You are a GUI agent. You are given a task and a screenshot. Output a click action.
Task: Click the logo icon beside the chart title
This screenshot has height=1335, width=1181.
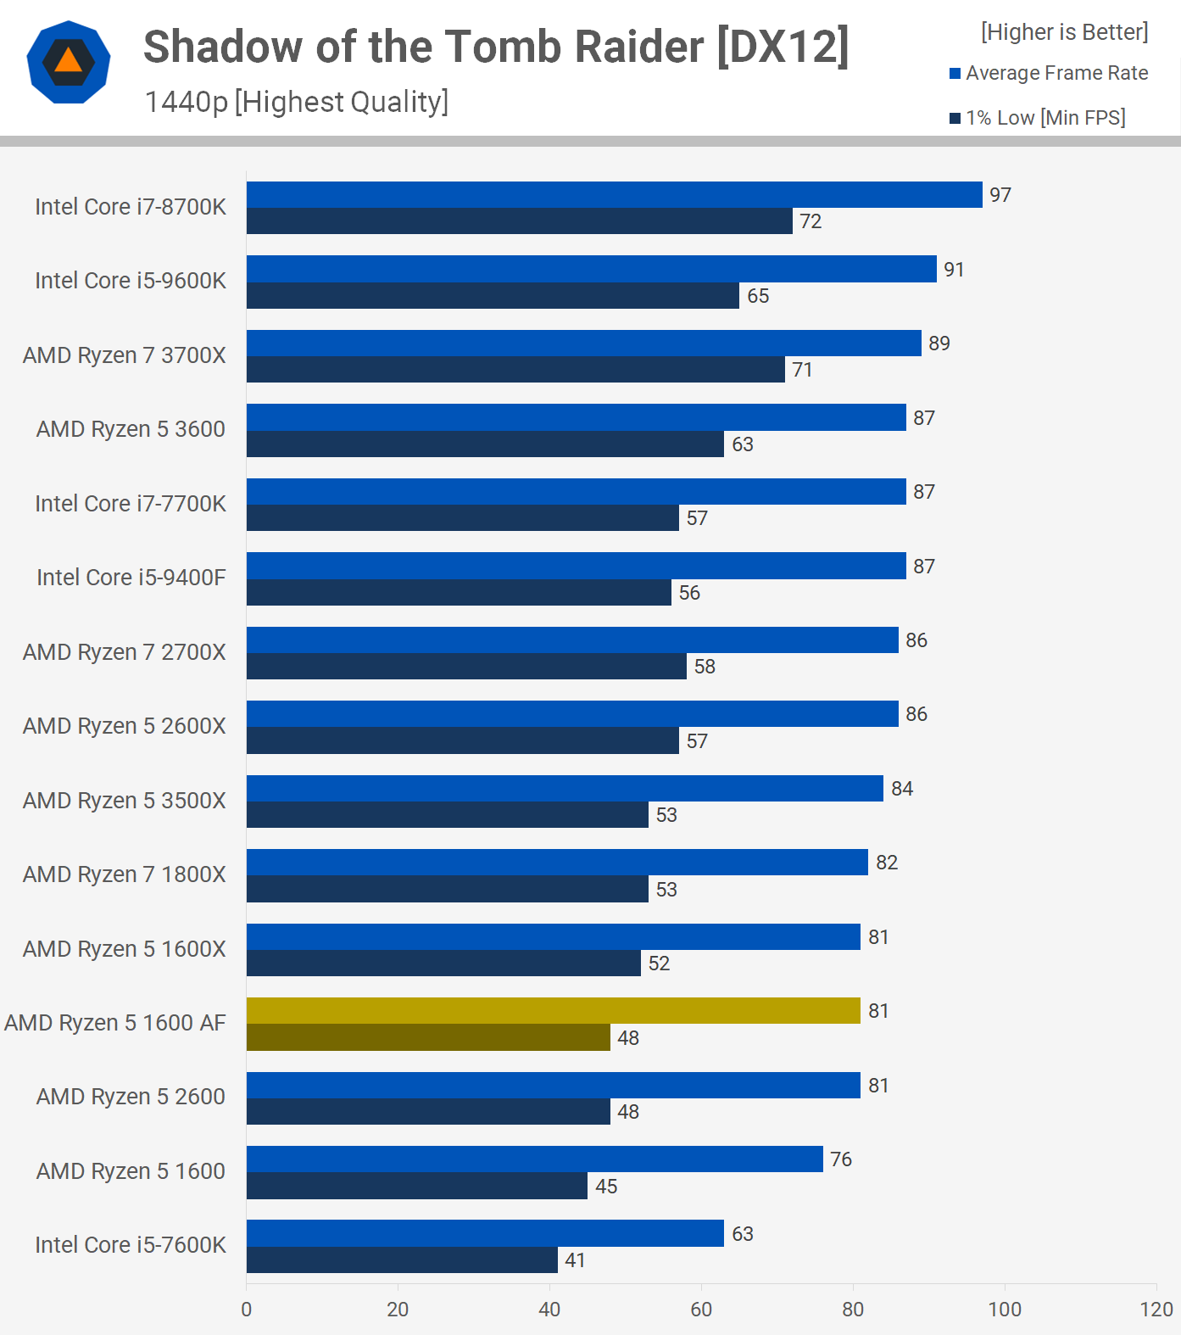point(69,62)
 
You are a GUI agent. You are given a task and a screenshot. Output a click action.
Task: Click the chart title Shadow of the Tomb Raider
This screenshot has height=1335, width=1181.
point(495,47)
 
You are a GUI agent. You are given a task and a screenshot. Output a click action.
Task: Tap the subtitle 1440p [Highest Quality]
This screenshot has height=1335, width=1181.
point(296,102)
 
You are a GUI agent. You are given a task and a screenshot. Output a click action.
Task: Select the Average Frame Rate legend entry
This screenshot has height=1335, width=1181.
point(1048,73)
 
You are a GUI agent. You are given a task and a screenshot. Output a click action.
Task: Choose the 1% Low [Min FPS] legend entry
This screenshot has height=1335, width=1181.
point(1037,118)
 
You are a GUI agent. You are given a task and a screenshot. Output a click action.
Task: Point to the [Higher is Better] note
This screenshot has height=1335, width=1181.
point(1064,32)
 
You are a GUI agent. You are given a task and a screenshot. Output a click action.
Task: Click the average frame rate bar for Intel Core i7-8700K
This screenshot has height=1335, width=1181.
point(614,195)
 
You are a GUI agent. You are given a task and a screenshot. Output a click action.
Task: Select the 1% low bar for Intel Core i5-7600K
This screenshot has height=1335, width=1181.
point(402,1260)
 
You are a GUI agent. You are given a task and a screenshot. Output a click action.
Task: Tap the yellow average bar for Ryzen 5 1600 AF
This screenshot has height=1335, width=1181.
point(553,1011)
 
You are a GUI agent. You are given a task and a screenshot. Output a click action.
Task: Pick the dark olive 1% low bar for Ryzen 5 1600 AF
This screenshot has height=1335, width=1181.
point(428,1037)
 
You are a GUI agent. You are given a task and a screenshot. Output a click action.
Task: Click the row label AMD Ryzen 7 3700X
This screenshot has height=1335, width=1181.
point(125,355)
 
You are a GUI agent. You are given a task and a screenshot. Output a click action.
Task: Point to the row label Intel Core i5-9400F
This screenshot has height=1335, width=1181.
point(131,578)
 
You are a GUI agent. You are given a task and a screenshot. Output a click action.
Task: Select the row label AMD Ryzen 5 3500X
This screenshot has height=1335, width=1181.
point(125,801)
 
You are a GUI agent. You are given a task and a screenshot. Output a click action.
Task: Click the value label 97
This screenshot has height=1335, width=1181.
point(1000,195)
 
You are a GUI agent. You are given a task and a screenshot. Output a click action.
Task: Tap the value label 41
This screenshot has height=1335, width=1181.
point(575,1260)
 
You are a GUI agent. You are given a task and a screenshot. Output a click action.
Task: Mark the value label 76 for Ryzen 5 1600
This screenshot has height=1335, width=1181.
point(841,1159)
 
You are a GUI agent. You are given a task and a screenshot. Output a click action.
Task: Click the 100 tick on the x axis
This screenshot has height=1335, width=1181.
point(1005,1310)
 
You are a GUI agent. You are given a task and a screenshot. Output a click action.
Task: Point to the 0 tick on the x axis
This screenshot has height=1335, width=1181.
point(247,1310)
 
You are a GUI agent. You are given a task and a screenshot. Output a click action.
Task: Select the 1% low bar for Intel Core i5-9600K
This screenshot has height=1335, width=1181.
point(493,295)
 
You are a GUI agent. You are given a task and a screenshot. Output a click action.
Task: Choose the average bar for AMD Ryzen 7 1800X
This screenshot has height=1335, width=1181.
point(557,863)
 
